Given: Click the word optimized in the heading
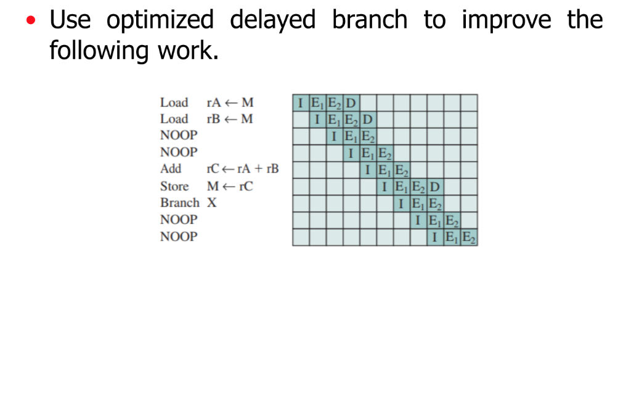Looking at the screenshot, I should tap(160, 21).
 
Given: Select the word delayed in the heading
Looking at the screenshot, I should tap(272, 21).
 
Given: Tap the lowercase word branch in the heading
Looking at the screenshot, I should tap(369, 21).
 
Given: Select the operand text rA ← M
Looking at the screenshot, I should tap(229, 102).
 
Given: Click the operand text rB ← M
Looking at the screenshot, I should tap(229, 119).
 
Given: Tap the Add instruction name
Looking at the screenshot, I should tap(171, 169).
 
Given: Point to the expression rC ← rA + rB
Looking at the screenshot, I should tap(242, 169).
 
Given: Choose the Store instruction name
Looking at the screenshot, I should tap(174, 186).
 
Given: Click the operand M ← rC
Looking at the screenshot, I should tap(229, 186).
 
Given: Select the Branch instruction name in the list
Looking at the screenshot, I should tap(180, 202).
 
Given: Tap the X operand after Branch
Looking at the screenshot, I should tap(211, 202).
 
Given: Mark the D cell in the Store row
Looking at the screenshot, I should tap(435, 186).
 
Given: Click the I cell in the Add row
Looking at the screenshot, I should tap(368, 170).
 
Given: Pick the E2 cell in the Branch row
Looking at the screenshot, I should tap(435, 203).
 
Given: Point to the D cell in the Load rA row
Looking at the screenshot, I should tap(351, 102).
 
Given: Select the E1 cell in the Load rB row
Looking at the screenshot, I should tap(334, 119).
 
